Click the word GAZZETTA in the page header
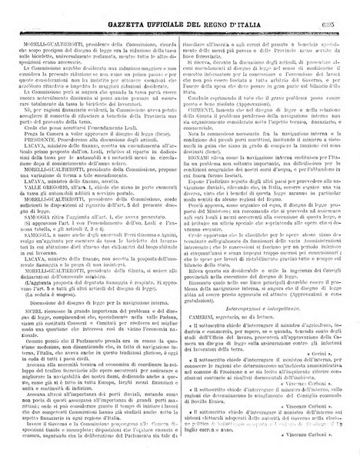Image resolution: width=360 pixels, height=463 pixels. pos(99,8)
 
